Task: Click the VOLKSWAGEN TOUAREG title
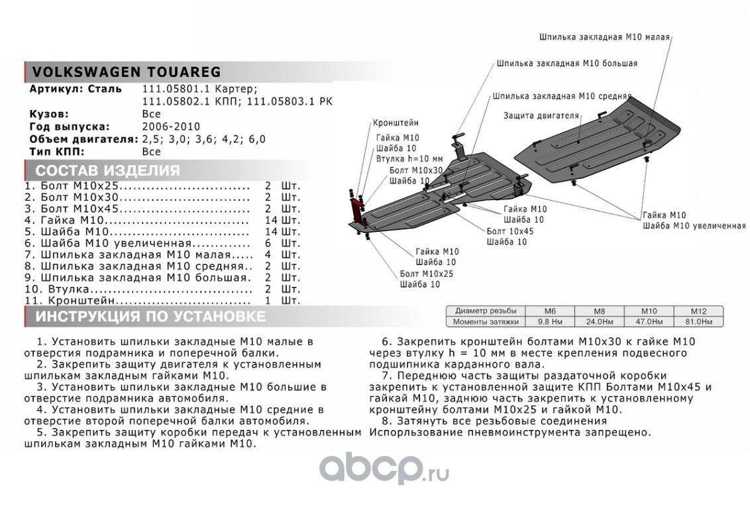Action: click(x=122, y=72)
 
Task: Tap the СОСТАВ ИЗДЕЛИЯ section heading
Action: click(x=107, y=170)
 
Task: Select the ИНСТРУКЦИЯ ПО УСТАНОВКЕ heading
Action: click(x=150, y=317)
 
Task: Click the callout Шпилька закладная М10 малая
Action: click(x=604, y=37)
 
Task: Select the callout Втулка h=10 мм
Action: click(x=409, y=159)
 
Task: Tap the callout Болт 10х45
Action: click(x=509, y=231)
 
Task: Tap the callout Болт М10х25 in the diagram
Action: click(x=427, y=273)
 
